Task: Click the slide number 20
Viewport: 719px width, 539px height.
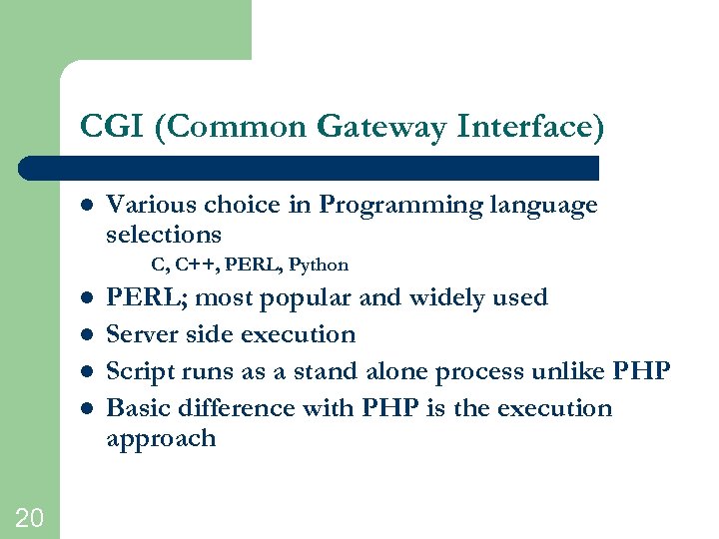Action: tap(29, 516)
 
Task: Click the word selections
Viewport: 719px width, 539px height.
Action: tap(164, 235)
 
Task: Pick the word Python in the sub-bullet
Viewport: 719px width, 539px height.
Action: tap(319, 265)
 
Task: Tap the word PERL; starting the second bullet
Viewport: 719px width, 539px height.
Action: tap(141, 297)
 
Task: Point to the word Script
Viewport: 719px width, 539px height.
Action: tap(138, 371)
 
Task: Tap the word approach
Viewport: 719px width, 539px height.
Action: tap(161, 439)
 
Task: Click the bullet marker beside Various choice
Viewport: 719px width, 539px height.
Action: tap(86, 206)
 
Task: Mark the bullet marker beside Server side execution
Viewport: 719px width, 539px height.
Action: tap(86, 334)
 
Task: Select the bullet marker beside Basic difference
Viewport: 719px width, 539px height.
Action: tap(86, 408)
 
